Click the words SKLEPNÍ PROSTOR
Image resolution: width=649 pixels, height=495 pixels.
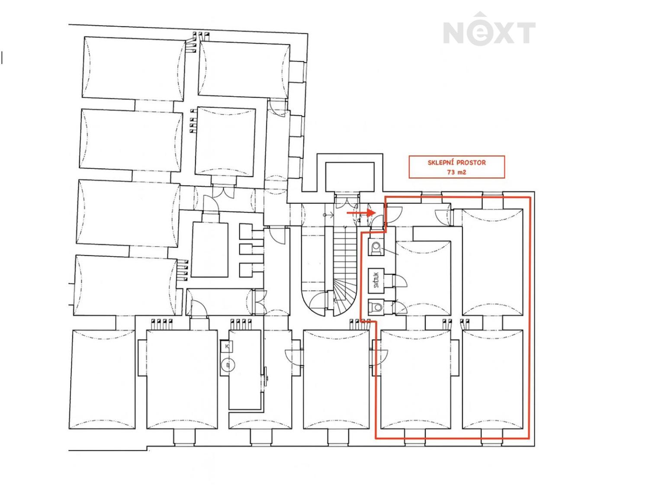pyautogui.click(x=456, y=163)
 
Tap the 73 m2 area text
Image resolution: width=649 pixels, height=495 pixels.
pyautogui.click(x=456, y=172)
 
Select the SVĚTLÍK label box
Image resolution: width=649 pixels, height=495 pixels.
pyautogui.click(x=376, y=280)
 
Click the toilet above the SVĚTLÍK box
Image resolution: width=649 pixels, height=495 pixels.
pyautogui.click(x=376, y=248)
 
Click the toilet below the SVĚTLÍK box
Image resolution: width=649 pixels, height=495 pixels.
pyautogui.click(x=376, y=307)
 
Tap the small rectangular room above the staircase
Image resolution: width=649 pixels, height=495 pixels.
pyautogui.click(x=349, y=176)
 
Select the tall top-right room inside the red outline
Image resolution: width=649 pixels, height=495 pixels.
pyautogui.click(x=493, y=262)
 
